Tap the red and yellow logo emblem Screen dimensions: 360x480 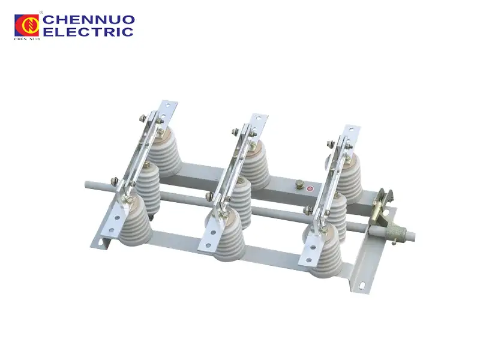27,25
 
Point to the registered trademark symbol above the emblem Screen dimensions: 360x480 40,12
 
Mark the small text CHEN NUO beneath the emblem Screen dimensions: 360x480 26,38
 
